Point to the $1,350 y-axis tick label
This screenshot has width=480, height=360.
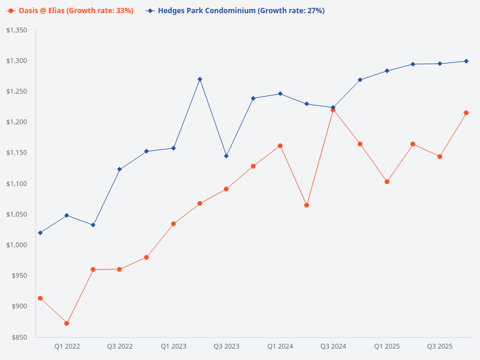point(17,30)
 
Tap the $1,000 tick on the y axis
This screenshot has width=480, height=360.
point(17,245)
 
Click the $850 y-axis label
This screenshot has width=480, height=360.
point(20,337)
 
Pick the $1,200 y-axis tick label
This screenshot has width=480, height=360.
point(17,122)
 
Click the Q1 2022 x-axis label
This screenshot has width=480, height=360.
point(67,346)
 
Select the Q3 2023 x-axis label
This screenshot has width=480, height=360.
point(226,346)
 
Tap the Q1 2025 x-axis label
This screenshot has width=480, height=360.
point(386,346)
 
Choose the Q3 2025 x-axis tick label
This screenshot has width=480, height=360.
point(440,346)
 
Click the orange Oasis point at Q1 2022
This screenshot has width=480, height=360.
point(67,323)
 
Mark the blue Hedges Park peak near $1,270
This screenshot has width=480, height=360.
point(200,79)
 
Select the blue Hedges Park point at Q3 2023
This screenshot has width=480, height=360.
point(226,156)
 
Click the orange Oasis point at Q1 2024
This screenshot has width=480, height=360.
point(280,146)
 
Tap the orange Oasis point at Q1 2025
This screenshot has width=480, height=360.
point(386,182)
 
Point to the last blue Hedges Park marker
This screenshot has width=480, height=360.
point(466,61)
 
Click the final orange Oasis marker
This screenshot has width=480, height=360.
point(466,113)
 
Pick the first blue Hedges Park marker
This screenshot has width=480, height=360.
point(40,233)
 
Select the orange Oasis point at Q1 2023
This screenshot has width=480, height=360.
point(173,224)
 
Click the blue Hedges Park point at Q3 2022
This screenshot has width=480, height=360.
point(119,169)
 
